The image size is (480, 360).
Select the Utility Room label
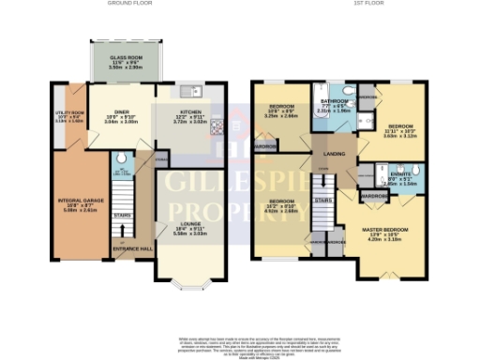click(68, 117)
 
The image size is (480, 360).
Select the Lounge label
click(184, 226)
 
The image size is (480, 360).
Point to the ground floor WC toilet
click(118, 172)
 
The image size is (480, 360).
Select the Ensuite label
click(399, 177)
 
